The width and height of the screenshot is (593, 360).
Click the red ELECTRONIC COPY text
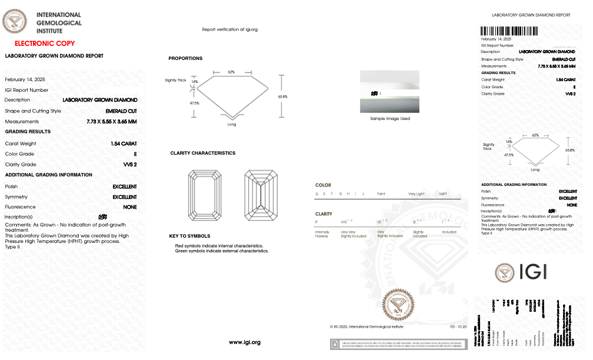45,44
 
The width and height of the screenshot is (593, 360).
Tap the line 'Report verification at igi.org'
229,29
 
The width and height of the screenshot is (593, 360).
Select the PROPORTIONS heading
185,58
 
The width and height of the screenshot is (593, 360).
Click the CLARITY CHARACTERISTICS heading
202,153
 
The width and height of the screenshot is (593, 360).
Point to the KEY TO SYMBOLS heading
189,236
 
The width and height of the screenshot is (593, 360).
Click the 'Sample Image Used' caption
390,119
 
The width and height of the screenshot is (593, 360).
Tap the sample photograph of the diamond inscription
390,92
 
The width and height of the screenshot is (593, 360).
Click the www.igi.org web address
244,342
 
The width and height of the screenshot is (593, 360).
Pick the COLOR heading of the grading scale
323,185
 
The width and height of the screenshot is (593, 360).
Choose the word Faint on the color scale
381,194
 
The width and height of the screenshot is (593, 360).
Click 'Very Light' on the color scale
416,194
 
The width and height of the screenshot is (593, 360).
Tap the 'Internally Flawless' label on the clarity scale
322,234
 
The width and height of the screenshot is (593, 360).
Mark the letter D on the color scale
317,194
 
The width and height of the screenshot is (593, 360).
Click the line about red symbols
219,245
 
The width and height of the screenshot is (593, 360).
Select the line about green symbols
222,251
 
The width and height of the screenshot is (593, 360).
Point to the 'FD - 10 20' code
458,326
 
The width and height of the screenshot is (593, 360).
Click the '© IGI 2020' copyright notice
367,326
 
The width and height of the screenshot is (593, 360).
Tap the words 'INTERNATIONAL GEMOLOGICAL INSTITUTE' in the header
59,22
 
